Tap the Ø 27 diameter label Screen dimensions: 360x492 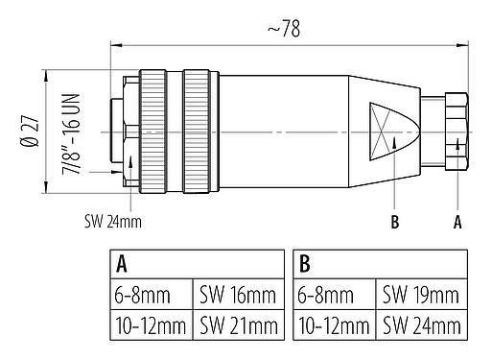[30, 126]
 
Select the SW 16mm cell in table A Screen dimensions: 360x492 [239, 293]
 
